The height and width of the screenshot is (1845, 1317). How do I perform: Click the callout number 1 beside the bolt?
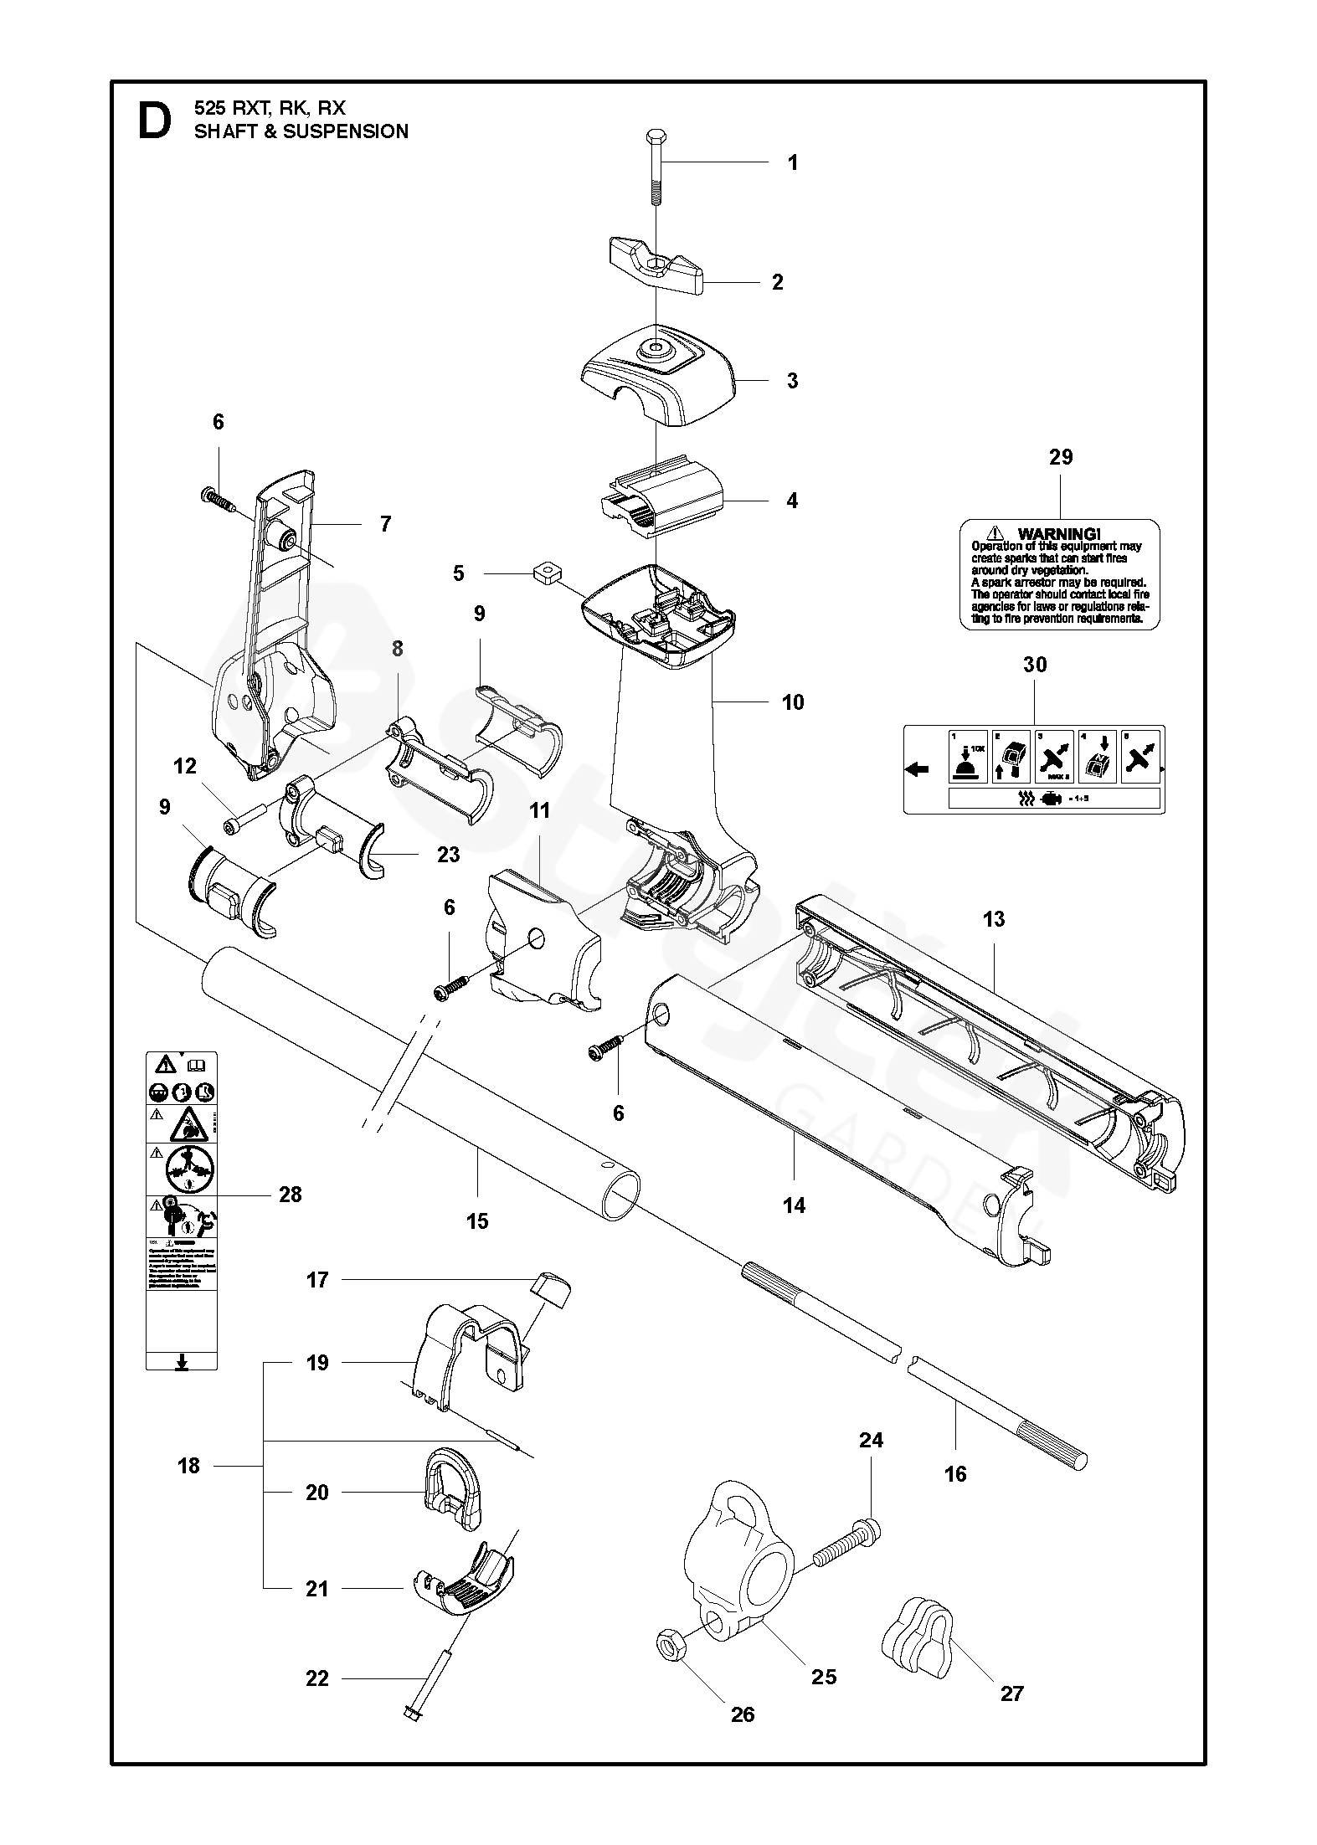pyautogui.click(x=793, y=162)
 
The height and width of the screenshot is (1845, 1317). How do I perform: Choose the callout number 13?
pyautogui.click(x=994, y=919)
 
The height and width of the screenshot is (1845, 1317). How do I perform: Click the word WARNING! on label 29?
pyautogui.click(x=1058, y=534)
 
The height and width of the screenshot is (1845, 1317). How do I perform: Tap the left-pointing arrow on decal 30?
pyautogui.click(x=918, y=769)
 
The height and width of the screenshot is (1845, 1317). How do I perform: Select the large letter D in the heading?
pyautogui.click(x=154, y=121)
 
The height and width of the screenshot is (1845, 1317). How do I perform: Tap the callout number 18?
pyautogui.click(x=189, y=1466)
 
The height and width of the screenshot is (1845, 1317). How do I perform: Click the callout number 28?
pyautogui.click(x=290, y=1195)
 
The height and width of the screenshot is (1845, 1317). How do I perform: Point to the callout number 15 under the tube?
pyautogui.click(x=477, y=1221)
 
